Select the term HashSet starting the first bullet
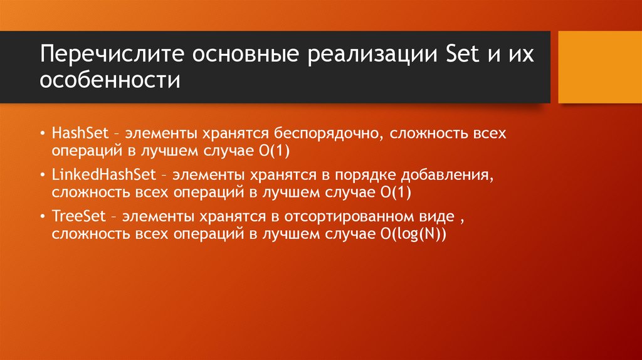point(78,134)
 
